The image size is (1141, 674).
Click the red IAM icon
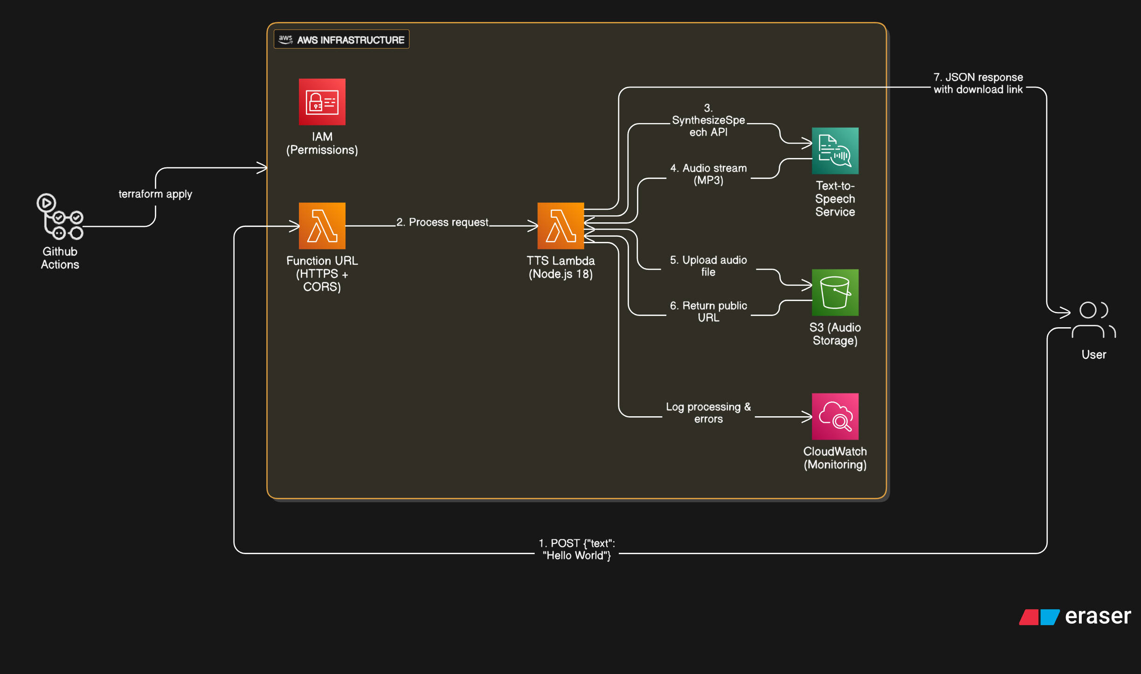pyautogui.click(x=322, y=102)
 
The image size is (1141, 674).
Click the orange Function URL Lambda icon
pyautogui.click(x=322, y=226)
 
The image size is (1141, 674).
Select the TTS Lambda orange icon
pyautogui.click(x=560, y=226)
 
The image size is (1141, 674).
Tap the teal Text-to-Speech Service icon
pyautogui.click(x=835, y=151)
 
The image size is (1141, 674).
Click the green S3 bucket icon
pyautogui.click(x=835, y=292)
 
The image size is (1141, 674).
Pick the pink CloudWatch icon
pyautogui.click(x=835, y=416)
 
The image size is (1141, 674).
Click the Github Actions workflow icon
pyautogui.click(x=60, y=217)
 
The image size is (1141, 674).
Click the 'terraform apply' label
pyautogui.click(x=155, y=194)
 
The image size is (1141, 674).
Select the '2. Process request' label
pyautogui.click(x=442, y=222)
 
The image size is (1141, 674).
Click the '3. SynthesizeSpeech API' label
pyautogui.click(x=708, y=120)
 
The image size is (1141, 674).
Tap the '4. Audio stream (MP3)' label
pyautogui.click(x=708, y=174)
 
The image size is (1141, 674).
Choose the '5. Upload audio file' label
pyautogui.click(x=708, y=266)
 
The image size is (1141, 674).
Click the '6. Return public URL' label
pyautogui.click(x=708, y=311)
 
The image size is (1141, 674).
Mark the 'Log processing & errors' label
pyautogui.click(x=708, y=413)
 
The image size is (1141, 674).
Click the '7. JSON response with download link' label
pyautogui.click(x=977, y=83)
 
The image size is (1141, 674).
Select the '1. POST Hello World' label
pyautogui.click(x=576, y=549)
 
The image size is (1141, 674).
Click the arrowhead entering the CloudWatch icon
pyautogui.click(x=807, y=417)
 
